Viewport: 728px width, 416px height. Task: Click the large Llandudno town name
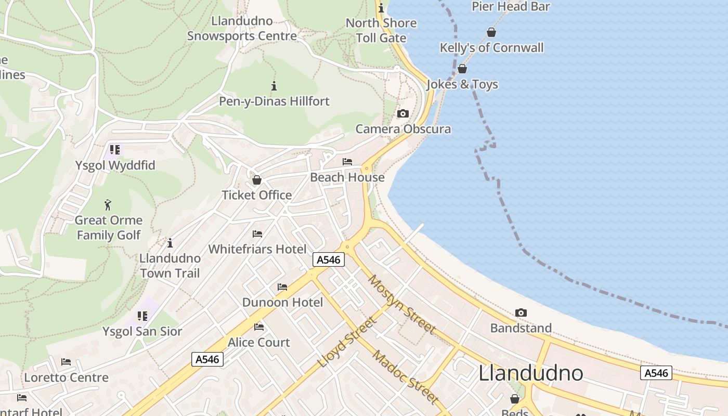coord(530,373)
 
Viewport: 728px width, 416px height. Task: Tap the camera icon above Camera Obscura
coord(403,113)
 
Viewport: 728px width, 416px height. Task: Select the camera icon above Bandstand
coord(521,313)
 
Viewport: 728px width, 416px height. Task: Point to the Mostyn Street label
coord(401,304)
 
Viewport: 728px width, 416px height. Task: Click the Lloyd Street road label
coord(347,342)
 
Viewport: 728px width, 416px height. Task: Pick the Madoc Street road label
coord(406,378)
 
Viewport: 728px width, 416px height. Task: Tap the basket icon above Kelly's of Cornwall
coord(491,33)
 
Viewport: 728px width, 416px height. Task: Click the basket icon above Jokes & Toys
coord(462,69)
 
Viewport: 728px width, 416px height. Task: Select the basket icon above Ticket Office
coord(256,180)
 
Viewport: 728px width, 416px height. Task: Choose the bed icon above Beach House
coord(347,162)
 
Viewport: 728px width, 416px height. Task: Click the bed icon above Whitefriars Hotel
coord(257,233)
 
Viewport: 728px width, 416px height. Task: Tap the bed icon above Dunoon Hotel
coord(282,287)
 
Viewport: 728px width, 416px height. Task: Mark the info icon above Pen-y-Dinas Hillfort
coord(274,86)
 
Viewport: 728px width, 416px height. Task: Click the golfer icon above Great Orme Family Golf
coord(108,204)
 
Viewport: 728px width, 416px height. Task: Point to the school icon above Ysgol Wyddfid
coord(115,150)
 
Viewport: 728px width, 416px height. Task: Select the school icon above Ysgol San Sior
coord(142,316)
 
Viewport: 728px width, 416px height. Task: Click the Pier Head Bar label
coord(510,6)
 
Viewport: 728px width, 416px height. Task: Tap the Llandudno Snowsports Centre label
coord(242,29)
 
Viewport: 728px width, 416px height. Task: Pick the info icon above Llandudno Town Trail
coord(170,243)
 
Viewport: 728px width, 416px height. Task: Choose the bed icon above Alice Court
coord(259,327)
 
